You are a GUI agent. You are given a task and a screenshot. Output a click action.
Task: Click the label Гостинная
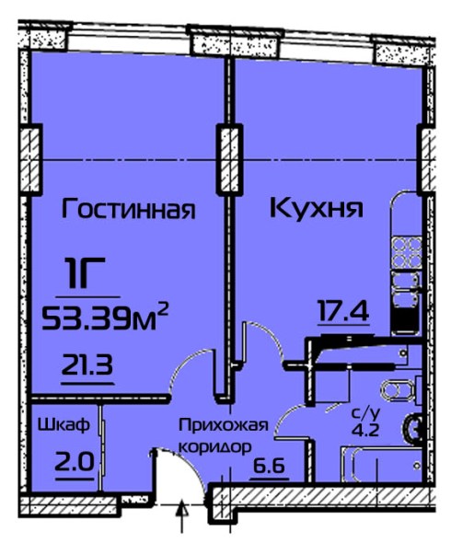tap(128, 209)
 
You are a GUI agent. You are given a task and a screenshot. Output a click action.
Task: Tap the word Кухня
tap(317, 208)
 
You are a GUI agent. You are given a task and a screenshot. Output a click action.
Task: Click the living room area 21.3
tap(87, 365)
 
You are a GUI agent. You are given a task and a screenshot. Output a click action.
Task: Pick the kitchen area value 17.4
tap(343, 311)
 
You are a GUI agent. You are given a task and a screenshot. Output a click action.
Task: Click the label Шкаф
tap(64, 425)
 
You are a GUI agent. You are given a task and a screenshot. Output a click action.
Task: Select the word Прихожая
tap(224, 425)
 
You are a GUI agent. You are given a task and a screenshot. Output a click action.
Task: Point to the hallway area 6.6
tap(269, 466)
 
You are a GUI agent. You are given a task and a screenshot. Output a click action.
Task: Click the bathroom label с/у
tap(366, 413)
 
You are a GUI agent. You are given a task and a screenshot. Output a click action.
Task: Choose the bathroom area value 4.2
tap(365, 431)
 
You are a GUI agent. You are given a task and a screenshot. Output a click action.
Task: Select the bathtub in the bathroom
tap(381, 465)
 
